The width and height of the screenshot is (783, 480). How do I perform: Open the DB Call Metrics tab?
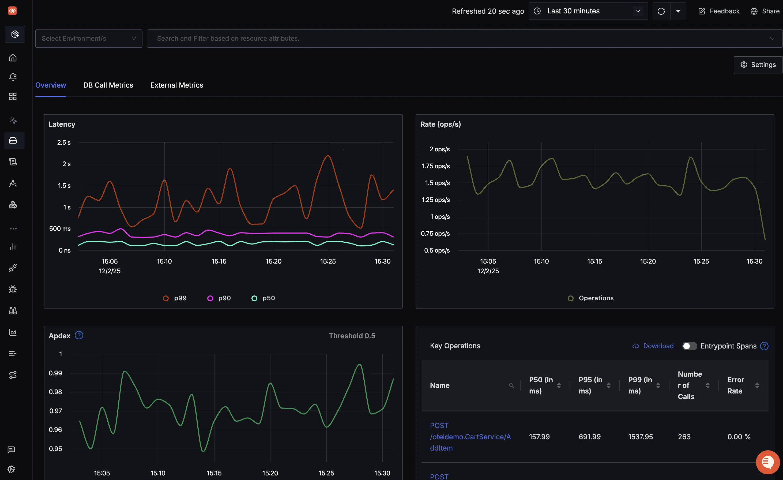tap(108, 85)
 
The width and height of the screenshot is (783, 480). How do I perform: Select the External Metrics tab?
tap(177, 85)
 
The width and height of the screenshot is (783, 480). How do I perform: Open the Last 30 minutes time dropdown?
tap(588, 11)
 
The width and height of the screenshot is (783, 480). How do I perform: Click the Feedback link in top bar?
tap(719, 11)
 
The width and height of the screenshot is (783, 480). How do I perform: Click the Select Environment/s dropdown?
tap(89, 39)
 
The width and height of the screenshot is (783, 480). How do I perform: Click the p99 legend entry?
tap(175, 298)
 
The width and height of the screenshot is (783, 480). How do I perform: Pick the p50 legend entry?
tap(263, 298)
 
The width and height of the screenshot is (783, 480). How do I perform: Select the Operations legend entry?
tap(591, 298)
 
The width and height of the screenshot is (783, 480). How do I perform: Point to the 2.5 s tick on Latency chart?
tap(64, 142)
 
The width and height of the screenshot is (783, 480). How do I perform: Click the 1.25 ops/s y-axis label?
tap(435, 200)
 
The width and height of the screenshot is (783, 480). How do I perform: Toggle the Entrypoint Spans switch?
tap(689, 346)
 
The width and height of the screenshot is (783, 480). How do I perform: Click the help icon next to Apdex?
tap(79, 335)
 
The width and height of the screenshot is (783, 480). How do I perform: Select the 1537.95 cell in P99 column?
tap(640, 437)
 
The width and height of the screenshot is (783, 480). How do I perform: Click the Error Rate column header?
tap(735, 385)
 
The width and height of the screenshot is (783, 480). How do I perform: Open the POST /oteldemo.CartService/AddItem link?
tap(470, 437)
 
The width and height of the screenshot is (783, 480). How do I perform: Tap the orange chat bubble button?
tap(767, 462)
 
